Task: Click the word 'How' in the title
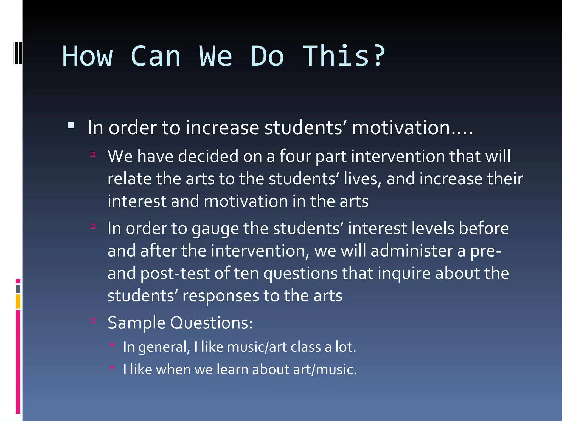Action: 87,56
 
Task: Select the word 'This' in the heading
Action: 336,56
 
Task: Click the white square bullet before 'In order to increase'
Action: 71,126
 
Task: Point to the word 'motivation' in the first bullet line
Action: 401,128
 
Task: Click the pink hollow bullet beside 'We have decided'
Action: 93,154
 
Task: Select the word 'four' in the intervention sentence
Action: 295,156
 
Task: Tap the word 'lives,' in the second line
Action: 362,179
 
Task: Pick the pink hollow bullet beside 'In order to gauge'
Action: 93,226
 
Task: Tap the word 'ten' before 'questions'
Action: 246,273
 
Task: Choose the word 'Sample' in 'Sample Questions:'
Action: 136,323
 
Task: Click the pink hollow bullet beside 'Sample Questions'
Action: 93,320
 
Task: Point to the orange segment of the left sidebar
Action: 18,301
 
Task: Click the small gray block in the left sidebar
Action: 18,289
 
